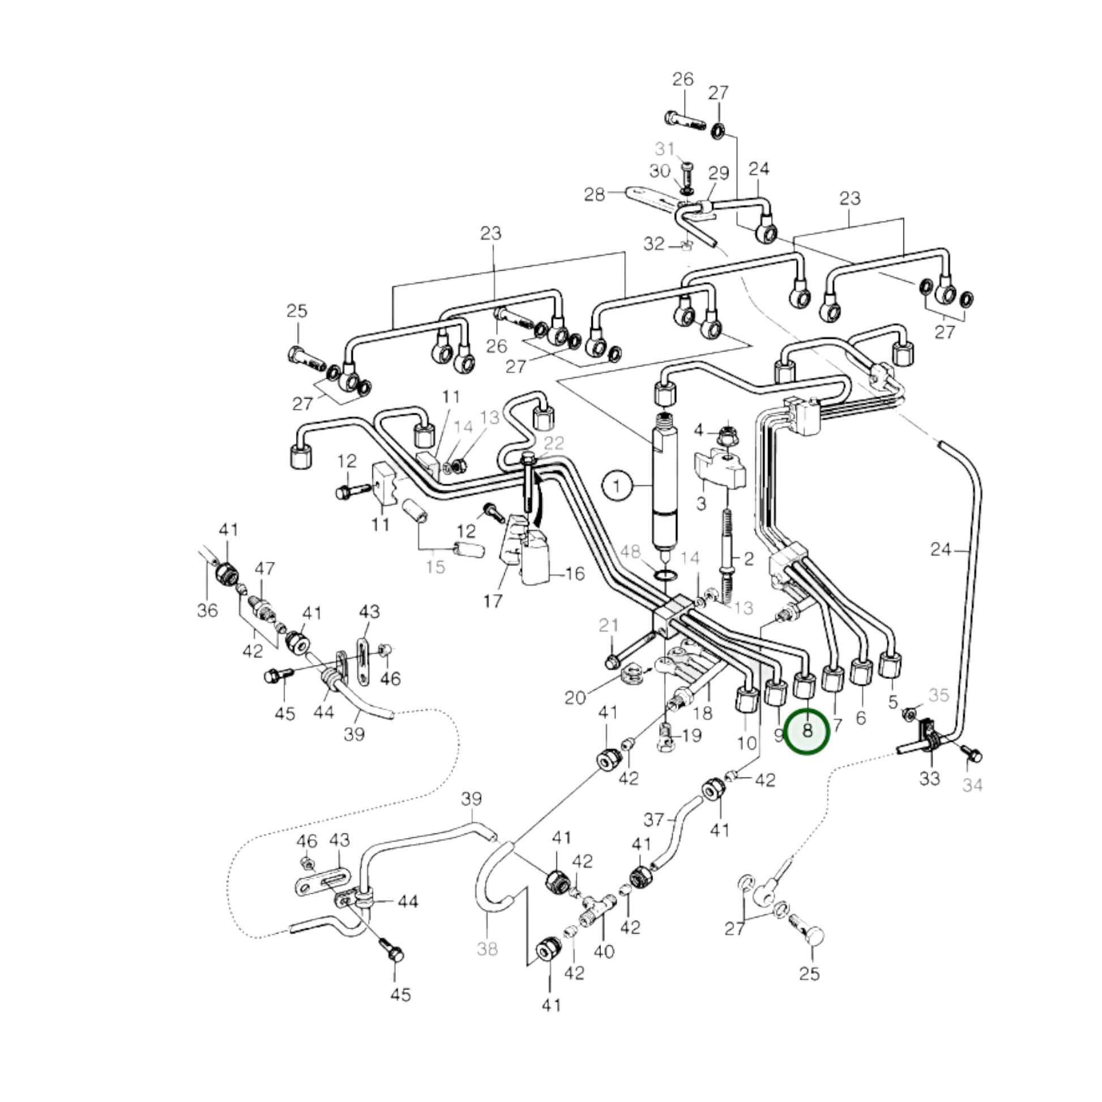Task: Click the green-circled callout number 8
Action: (807, 731)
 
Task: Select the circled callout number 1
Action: (616, 486)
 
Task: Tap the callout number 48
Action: (630, 552)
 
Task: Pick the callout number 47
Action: (264, 568)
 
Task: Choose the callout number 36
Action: (208, 610)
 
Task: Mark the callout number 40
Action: (604, 951)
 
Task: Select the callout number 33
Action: (930, 778)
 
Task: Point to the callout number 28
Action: (595, 195)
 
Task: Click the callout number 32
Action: (654, 244)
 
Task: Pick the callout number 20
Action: (575, 697)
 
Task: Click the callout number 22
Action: (553, 443)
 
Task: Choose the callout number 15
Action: (436, 567)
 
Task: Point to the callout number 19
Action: (691, 736)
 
